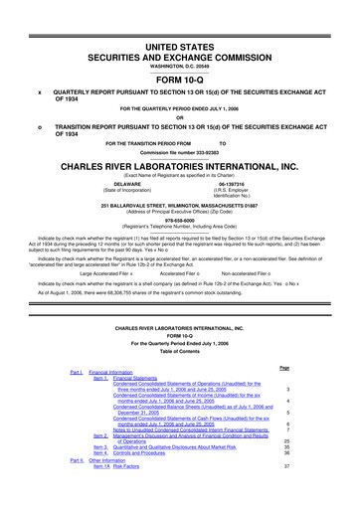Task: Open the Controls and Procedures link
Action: tap(149, 453)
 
